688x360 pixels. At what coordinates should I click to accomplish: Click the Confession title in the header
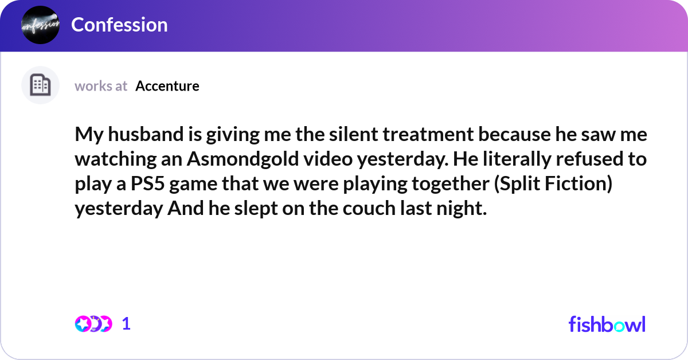pyautogui.click(x=119, y=25)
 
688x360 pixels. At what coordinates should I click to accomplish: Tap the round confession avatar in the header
pyautogui.click(x=40, y=25)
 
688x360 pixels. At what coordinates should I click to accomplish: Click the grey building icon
pyautogui.click(x=40, y=85)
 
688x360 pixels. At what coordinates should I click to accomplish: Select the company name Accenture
pyautogui.click(x=167, y=86)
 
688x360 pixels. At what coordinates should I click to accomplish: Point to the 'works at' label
pyautogui.click(x=101, y=86)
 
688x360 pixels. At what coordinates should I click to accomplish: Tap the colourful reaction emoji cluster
pyautogui.click(x=93, y=324)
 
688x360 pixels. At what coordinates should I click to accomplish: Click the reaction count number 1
pyautogui.click(x=126, y=324)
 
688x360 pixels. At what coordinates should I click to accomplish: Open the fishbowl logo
pyautogui.click(x=607, y=324)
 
